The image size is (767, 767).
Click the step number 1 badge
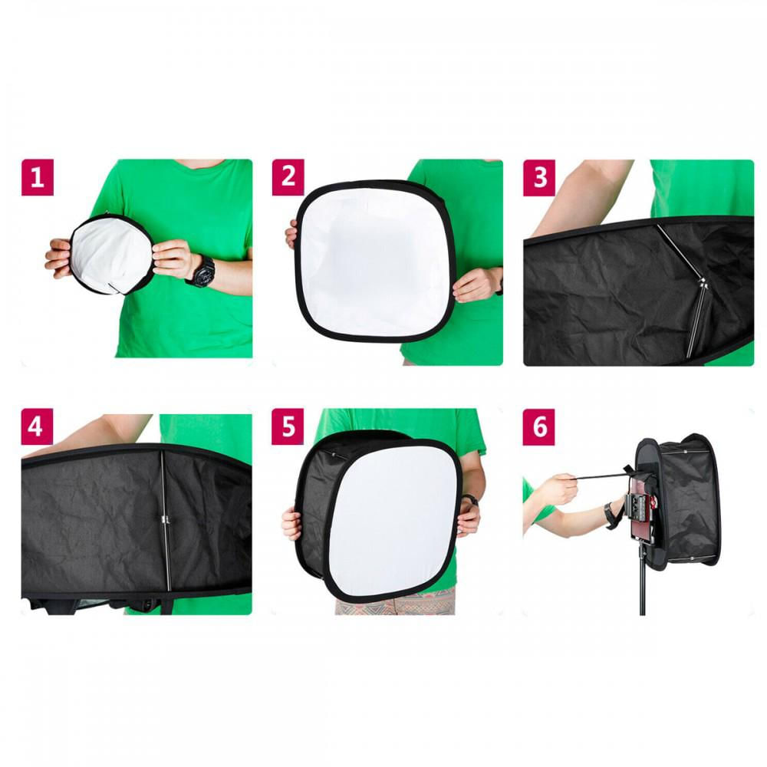(37, 177)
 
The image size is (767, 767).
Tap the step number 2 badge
(288, 177)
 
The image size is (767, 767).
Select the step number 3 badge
(539, 177)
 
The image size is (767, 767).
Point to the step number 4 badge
(37, 428)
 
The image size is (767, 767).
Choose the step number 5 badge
(288, 428)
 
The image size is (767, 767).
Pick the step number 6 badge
(539, 428)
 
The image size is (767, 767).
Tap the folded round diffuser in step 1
(110, 254)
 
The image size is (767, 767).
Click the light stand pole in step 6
(642, 591)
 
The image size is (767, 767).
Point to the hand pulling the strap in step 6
(557, 489)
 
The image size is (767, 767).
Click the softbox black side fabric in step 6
(690, 506)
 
